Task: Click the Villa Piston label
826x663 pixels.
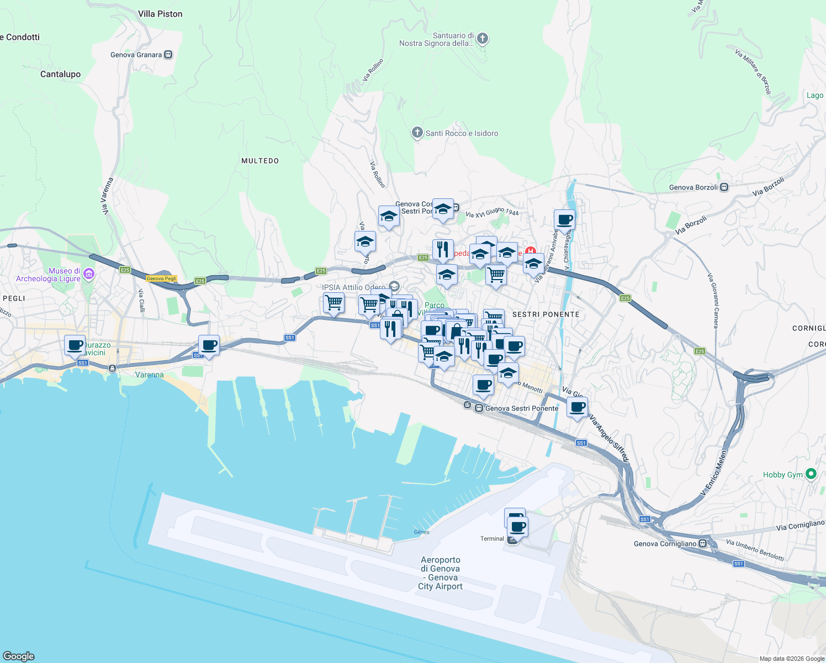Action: coord(160,14)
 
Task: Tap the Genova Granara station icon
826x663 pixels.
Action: coord(168,55)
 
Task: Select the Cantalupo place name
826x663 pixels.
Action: coord(60,74)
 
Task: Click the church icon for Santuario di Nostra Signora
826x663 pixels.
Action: coord(483,39)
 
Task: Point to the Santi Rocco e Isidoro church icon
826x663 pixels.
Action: coord(417,133)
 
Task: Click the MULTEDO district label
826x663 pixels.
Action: coord(260,161)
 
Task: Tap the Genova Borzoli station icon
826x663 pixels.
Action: coord(724,187)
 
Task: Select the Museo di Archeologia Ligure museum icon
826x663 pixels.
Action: coord(88,274)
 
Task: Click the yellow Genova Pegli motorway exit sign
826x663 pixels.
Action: coord(161,278)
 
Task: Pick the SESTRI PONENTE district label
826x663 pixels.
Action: coord(546,314)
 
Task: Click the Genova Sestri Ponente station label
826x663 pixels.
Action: coord(522,408)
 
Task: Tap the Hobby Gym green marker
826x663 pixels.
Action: coord(811,474)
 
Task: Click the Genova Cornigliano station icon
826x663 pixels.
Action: coord(702,544)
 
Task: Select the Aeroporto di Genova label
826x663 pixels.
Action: coord(441,573)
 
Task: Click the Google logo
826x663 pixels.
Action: coord(19,656)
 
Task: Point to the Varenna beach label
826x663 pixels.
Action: coord(150,375)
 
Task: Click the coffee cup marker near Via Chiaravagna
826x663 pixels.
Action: coord(564,220)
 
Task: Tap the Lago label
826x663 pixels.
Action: coord(815,95)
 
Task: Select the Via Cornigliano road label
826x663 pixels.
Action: coord(800,525)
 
